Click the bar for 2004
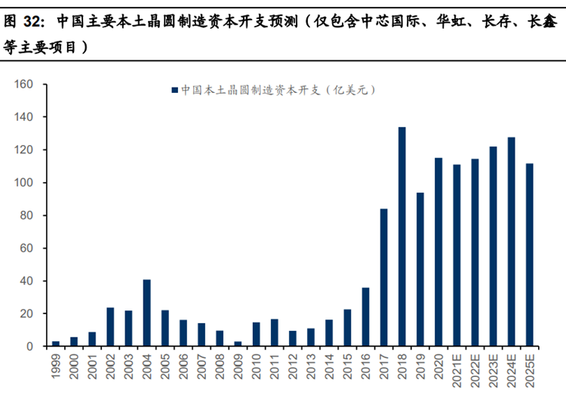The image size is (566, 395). click(x=146, y=313)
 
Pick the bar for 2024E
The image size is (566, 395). click(x=512, y=242)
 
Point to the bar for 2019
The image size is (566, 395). click(x=420, y=269)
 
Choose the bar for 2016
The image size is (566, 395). click(x=365, y=316)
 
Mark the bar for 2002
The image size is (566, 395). click(x=110, y=327)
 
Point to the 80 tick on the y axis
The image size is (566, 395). click(x=29, y=215)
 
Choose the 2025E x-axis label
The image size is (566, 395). click(x=530, y=371)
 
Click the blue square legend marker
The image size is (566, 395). click(x=174, y=90)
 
